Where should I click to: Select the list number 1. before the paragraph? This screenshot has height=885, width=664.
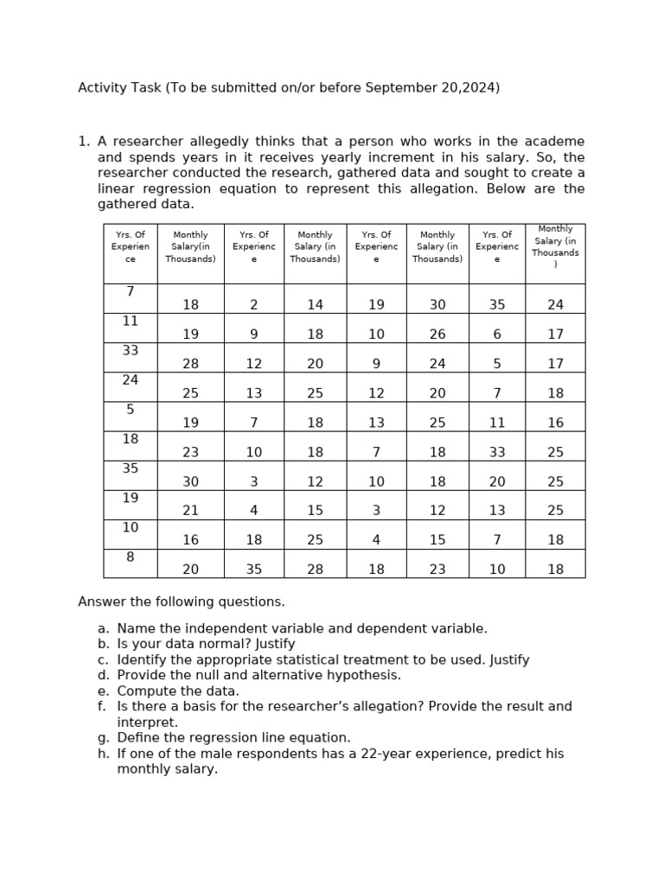pyautogui.click(x=84, y=142)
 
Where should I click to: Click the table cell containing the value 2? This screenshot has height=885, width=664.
pyautogui.click(x=253, y=304)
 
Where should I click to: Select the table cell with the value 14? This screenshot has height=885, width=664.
pyautogui.click(x=315, y=304)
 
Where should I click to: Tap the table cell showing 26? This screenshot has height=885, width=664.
pyautogui.click(x=437, y=334)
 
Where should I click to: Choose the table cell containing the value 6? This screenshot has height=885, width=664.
pyautogui.click(x=496, y=334)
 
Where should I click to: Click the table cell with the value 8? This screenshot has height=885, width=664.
pyautogui.click(x=131, y=557)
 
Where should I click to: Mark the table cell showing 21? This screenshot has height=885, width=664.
pyautogui.click(x=190, y=510)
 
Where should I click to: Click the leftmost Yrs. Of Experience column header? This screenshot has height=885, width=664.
pyautogui.click(x=131, y=246)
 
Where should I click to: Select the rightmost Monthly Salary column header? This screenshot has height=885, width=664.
pyautogui.click(x=555, y=246)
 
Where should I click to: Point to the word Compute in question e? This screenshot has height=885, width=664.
pyautogui.click(x=144, y=691)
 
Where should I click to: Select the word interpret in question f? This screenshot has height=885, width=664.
pyautogui.click(x=146, y=723)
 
